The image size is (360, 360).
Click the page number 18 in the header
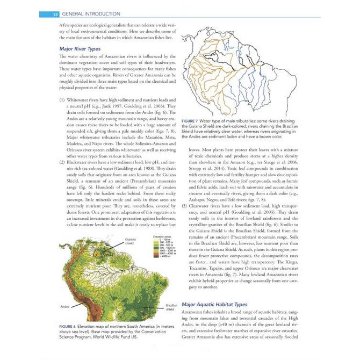coord(55,13)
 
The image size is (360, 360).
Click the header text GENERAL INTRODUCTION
coord(91,13)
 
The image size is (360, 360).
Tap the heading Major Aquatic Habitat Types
coord(214,304)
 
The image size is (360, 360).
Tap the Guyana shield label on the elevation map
coord(129,241)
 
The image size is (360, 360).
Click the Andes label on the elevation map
coord(64,307)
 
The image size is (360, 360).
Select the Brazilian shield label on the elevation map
coord(171,307)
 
